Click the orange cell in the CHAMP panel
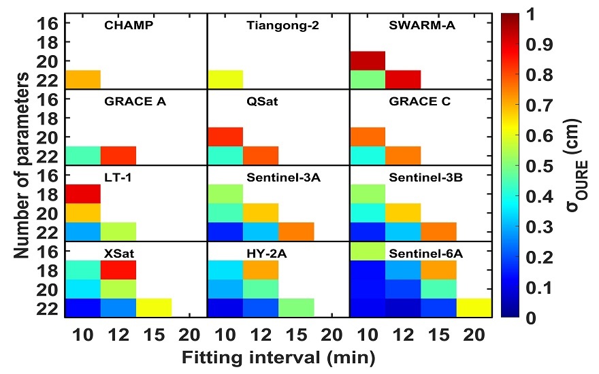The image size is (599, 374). [x=83, y=80]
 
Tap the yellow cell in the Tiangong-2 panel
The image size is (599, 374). [x=225, y=80]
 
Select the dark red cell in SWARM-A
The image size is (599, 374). [x=368, y=61]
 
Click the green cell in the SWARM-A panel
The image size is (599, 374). [x=368, y=80]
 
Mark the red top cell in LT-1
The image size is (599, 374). [x=83, y=194]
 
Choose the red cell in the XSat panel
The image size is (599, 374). [x=118, y=270]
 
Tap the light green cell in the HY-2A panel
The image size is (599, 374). [x=296, y=308]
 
